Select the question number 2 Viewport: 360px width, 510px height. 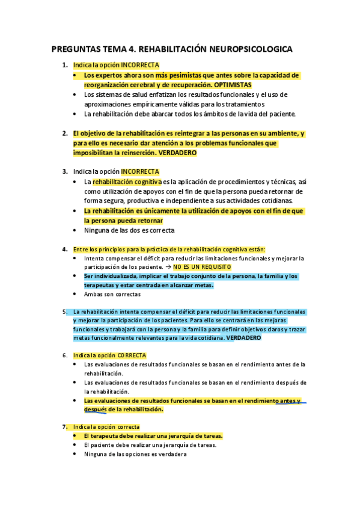pyautogui.click(x=65, y=133)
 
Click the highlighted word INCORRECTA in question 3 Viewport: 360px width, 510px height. pyautogui.click(x=140, y=171)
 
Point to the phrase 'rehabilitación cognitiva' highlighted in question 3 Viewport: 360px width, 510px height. pyautogui.click(x=127, y=181)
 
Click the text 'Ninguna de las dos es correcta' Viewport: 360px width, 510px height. pyautogui.click(x=129, y=230)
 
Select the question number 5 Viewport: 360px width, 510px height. pyautogui.click(x=64, y=312)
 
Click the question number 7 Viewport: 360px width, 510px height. pyautogui.click(x=64, y=426)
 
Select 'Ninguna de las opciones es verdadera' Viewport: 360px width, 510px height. pyautogui.click(x=135, y=454)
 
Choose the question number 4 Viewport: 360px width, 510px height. pyautogui.click(x=65, y=249)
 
